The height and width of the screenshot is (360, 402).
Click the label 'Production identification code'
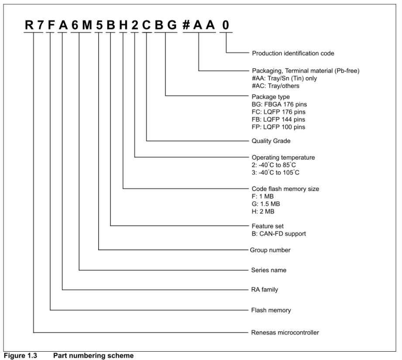coord(293,53)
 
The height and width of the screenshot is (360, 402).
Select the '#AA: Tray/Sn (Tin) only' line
coord(284,78)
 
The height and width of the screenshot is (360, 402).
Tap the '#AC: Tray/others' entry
coord(275,86)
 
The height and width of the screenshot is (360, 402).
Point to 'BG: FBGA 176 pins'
coord(279,104)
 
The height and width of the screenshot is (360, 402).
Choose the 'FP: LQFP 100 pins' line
coord(278,127)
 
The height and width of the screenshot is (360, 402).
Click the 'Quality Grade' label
coord(271,141)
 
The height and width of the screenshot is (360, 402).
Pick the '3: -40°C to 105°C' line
coord(275,173)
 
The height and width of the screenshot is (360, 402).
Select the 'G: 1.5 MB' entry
coord(266,204)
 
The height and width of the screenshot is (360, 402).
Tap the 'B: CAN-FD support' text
coord(278,234)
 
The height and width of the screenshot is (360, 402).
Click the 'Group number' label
coord(270,250)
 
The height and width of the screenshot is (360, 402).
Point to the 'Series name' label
coord(269,270)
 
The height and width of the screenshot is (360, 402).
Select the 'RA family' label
coord(265,290)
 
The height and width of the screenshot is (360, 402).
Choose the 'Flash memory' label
coord(271,311)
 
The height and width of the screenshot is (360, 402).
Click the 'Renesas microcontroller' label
coord(285,332)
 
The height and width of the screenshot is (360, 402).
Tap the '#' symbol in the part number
coord(186,25)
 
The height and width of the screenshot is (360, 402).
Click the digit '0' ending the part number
coord(226,25)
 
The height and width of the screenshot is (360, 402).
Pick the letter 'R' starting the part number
coord(29,25)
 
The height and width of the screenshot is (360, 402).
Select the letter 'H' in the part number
coord(124,25)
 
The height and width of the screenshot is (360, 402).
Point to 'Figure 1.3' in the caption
coord(21,356)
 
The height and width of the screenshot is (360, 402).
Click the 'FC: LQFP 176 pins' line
coord(278,112)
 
